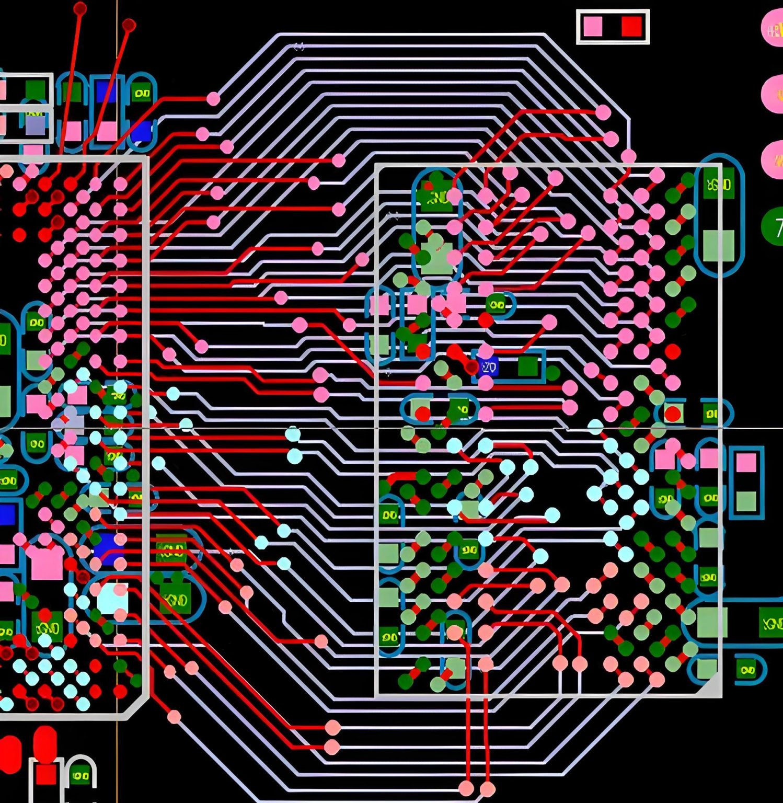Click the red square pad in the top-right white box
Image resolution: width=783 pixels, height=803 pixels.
click(631, 26)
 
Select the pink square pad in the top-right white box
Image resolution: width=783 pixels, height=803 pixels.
click(593, 26)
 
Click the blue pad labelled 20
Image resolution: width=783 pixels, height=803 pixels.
click(488, 368)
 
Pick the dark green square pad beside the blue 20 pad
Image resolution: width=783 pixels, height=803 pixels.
click(528, 366)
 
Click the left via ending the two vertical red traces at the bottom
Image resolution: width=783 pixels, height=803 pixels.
click(466, 788)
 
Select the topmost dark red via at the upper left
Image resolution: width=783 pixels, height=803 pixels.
click(80, 8)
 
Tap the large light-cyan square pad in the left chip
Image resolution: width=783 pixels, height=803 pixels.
click(112, 599)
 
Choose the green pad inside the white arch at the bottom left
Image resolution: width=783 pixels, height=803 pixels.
click(80, 775)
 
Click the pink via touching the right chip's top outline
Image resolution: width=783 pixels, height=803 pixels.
click(628, 156)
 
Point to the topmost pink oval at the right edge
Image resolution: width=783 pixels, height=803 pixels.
click(774, 30)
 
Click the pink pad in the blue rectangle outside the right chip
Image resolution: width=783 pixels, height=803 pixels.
click(746, 463)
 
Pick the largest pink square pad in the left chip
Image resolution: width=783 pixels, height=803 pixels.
click(47, 564)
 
